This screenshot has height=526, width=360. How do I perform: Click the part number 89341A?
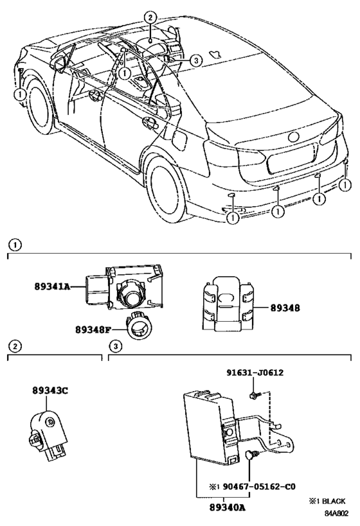[x=52, y=286]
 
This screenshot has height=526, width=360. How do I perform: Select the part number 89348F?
[x=93, y=330]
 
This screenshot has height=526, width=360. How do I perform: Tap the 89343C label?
[x=50, y=390]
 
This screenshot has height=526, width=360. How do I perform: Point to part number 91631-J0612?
[x=255, y=373]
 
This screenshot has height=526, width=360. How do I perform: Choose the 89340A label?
[x=228, y=507]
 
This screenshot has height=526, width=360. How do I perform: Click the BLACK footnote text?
[x=333, y=501]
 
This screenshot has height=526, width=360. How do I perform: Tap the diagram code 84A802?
[x=336, y=514]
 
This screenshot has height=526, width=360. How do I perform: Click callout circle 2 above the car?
[x=150, y=17]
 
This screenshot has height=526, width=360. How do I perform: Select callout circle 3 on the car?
[x=196, y=60]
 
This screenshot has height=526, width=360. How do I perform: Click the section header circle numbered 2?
[x=15, y=346]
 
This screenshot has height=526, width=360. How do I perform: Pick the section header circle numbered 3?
[x=116, y=346]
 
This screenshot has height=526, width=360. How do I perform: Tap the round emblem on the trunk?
[x=294, y=137]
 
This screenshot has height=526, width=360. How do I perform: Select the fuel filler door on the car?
[x=179, y=139]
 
